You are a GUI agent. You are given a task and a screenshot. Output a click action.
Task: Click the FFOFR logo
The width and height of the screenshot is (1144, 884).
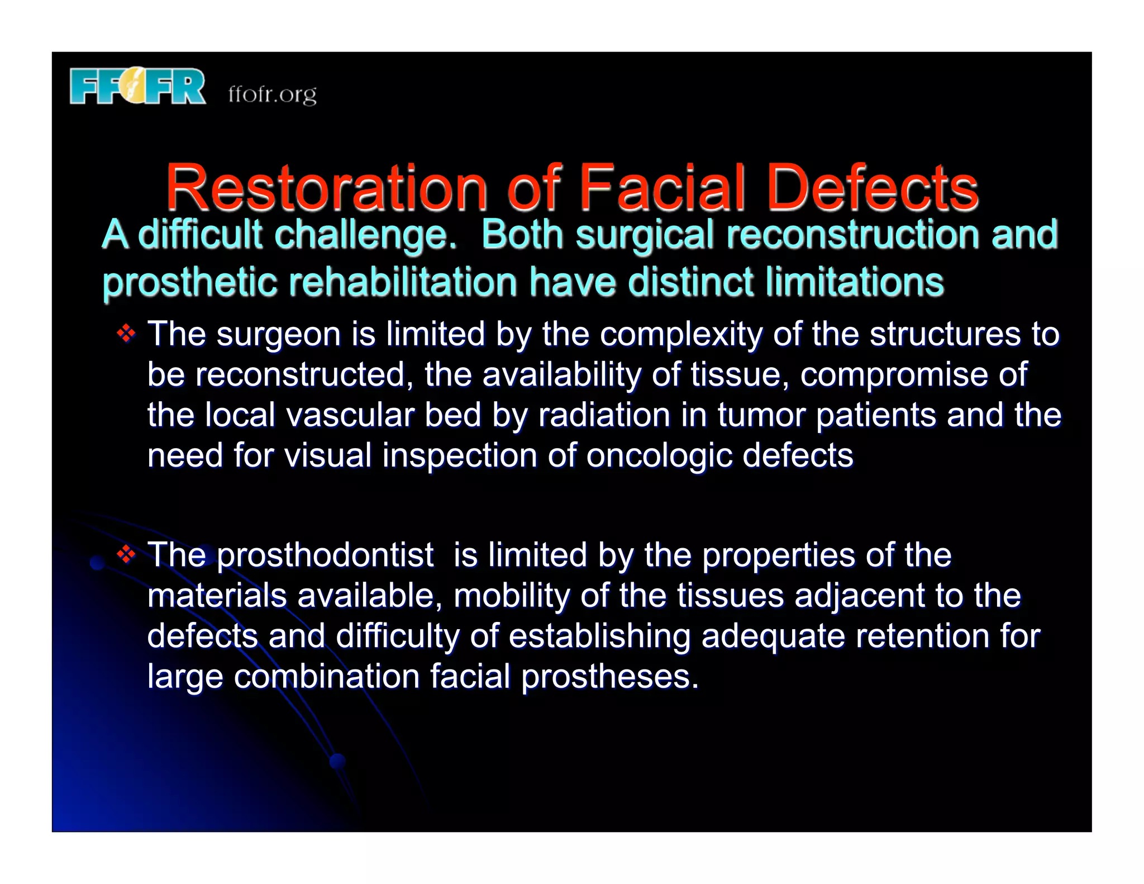click(x=137, y=87)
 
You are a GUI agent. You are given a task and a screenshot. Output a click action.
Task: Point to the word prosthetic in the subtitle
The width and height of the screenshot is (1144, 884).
click(x=190, y=282)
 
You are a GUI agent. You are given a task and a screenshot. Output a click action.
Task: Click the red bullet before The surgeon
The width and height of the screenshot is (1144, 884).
click(x=127, y=334)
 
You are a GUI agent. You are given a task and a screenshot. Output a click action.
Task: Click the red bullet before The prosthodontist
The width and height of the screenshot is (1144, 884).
click(x=127, y=554)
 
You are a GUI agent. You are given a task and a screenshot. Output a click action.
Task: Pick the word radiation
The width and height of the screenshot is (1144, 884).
click(x=604, y=415)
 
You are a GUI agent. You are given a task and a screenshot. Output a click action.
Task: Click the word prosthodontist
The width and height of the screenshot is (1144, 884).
click(x=325, y=555)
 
